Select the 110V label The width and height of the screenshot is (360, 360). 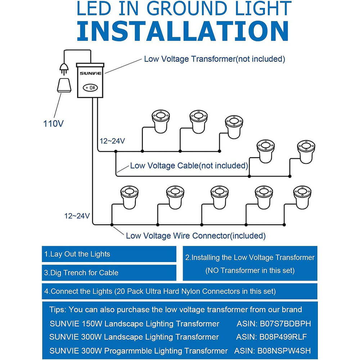(53, 124)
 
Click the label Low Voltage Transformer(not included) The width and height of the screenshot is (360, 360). (215, 59)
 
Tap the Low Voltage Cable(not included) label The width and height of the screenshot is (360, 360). (189, 166)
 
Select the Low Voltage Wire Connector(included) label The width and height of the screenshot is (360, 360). (195, 236)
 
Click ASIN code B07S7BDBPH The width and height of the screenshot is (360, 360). (284, 324)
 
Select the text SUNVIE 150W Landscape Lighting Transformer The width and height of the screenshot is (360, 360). (134, 324)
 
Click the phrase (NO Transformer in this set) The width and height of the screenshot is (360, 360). (250, 270)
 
